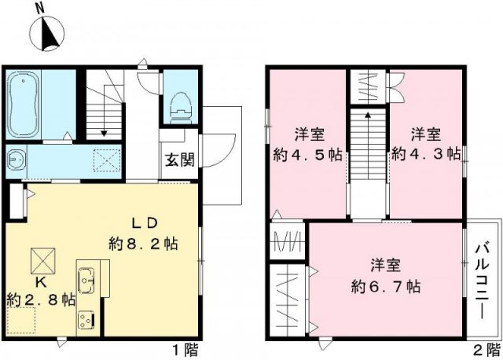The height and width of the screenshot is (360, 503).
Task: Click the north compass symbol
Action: tap(48, 31)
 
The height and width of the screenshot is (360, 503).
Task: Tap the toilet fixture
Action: tap(179, 104)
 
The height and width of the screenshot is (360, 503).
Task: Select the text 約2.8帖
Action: tap(41, 299)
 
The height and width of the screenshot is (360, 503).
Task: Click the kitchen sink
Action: tap(86, 277)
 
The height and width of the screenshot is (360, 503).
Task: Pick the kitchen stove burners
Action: tap(86, 318)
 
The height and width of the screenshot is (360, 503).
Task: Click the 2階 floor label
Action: tap(484, 348)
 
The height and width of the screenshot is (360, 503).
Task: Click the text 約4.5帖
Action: tap(307, 153)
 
